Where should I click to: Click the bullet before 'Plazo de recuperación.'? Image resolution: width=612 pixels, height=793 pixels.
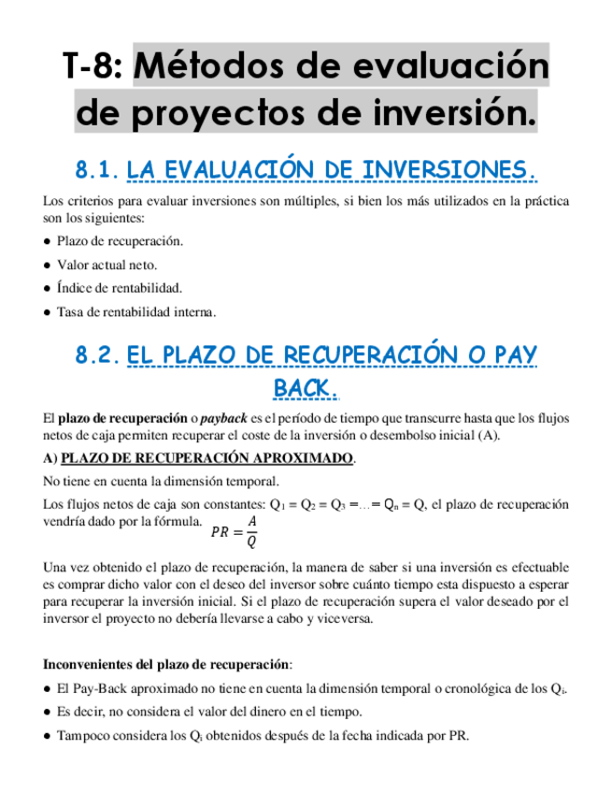tap(47, 241)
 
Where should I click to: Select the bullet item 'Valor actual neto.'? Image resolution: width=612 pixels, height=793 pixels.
tap(107, 265)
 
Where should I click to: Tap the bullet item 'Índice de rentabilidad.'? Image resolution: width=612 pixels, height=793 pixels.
tap(119, 288)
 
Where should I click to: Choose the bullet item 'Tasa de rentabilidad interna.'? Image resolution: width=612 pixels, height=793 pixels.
tap(135, 311)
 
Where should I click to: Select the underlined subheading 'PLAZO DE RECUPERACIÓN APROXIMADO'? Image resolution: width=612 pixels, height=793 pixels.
tap(207, 458)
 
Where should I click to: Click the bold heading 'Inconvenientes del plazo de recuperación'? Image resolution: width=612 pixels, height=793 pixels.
tap(167, 665)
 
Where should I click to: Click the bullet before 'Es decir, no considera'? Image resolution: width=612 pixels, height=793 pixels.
tap(47, 712)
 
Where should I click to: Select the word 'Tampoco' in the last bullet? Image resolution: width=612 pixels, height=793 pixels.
tap(80, 735)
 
